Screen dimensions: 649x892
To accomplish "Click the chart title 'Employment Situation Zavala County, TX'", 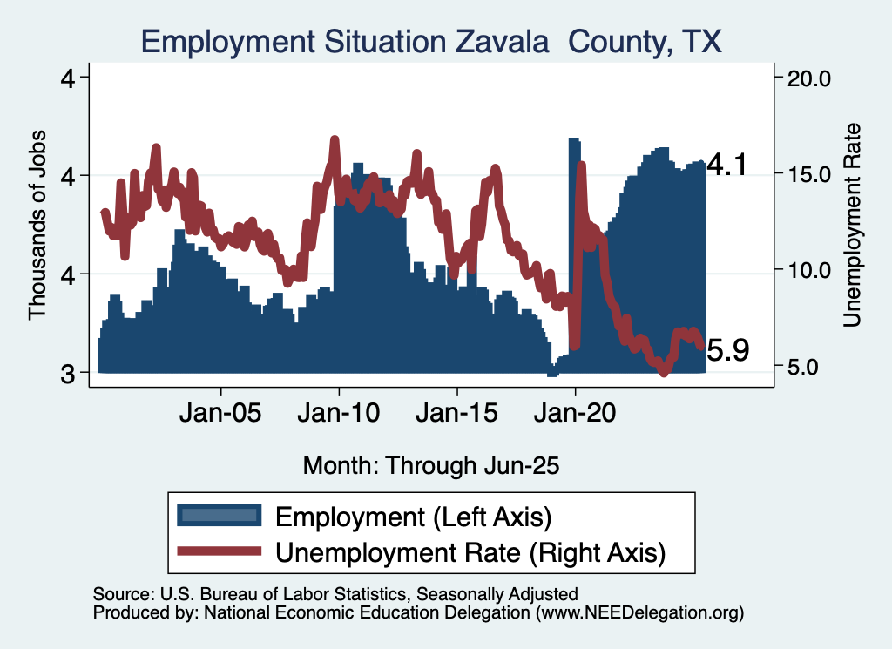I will click(x=432, y=41).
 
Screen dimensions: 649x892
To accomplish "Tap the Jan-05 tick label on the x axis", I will click(x=221, y=413).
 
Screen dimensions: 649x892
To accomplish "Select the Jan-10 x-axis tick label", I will click(x=339, y=413).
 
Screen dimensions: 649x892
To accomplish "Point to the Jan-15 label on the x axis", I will click(x=457, y=413).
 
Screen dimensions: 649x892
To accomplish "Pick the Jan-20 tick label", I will click(x=576, y=413).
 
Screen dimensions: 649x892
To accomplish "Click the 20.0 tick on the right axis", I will click(x=809, y=78).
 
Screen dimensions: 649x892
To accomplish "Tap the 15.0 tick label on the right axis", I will click(x=809, y=174).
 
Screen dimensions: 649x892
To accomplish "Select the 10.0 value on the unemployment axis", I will click(x=809, y=270).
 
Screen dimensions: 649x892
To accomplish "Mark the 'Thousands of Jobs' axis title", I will click(x=37, y=225).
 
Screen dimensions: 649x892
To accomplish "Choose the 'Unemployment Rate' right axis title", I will click(x=852, y=225).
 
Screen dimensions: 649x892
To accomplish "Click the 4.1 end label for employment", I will click(x=726, y=166).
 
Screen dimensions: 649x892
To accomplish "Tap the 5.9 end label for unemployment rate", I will click(x=726, y=350).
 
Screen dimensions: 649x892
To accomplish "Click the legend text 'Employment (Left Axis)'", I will click(x=414, y=517).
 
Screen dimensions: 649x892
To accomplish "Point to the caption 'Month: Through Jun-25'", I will click(x=430, y=465).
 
